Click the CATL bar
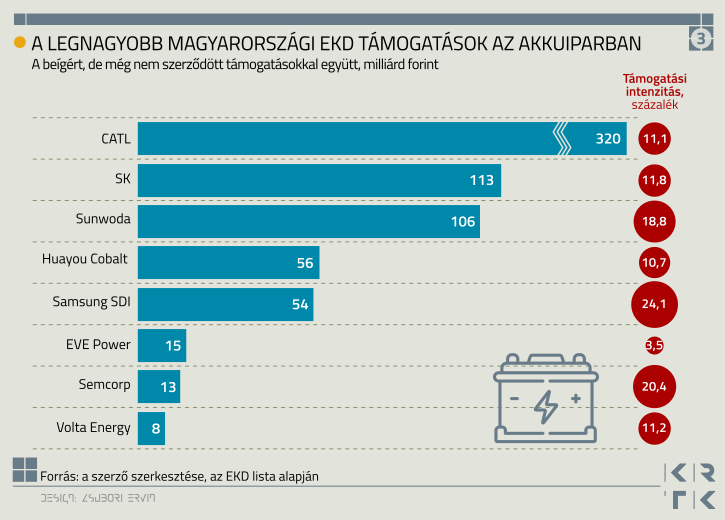coord(380,139)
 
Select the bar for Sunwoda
coord(308,221)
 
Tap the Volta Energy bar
coord(150,428)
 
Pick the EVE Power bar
coord(161,345)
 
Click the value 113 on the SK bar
coord(482,180)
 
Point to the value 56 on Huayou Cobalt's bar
coord(304,263)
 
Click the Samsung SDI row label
coord(91,302)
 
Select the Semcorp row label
coord(104,385)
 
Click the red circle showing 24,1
coord(654,304)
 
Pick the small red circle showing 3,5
coord(654,346)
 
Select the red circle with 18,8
coord(654,222)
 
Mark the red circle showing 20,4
coord(654,387)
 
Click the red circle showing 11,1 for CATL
coord(654,139)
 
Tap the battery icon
coord(545,398)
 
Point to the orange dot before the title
coord(19,42)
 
